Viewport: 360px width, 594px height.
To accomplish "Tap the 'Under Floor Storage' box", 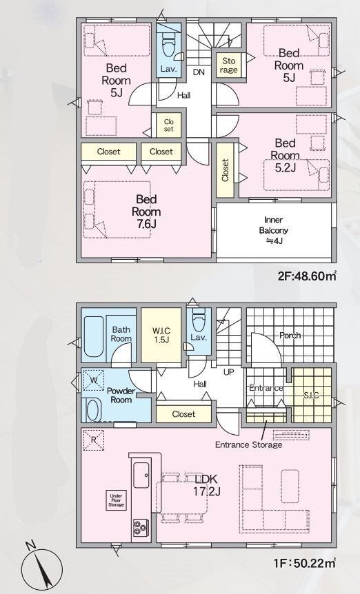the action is point(116,500).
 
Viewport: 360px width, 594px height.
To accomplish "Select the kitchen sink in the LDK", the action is point(141,475).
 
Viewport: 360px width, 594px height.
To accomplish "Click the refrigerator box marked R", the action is point(93,440).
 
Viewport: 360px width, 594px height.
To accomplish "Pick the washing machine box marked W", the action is point(93,380).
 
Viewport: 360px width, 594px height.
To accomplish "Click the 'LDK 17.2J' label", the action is point(206,485).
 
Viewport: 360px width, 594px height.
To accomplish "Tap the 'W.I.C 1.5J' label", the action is point(161,336).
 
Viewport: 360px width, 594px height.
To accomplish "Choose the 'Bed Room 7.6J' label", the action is point(146,212).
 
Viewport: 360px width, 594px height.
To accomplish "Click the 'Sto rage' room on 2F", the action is point(228,65).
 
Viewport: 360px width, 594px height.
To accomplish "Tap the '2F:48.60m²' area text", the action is point(308,276).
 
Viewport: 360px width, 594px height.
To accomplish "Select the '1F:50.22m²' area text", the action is point(305,563).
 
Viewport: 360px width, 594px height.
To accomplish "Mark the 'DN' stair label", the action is point(199,72).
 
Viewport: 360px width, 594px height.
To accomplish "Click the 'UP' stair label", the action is point(229,372).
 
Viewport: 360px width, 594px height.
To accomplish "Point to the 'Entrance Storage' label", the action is point(248,444).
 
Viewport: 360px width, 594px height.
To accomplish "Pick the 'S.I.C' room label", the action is point(311,395).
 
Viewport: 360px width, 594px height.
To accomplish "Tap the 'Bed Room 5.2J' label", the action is point(286,155).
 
